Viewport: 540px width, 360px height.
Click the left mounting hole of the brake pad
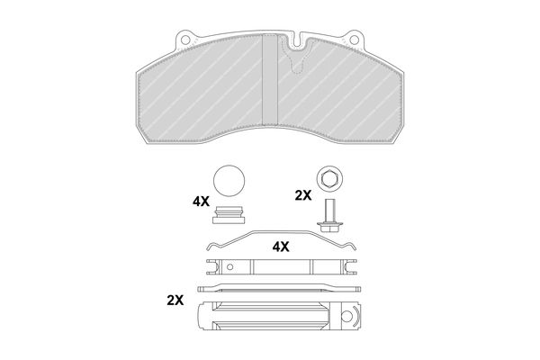coord(185,40)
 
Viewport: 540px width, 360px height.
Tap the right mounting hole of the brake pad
coord(354,40)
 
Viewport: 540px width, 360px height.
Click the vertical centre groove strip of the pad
coord(270,79)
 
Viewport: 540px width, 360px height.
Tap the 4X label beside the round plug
coord(201,202)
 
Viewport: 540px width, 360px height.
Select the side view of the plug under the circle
coord(229,215)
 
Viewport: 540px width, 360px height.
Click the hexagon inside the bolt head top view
coord(329,179)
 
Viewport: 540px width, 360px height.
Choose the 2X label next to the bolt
coord(303,195)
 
